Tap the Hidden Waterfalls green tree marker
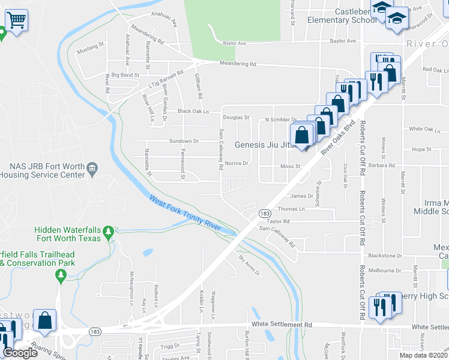(x=108, y=231)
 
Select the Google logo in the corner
(x=20, y=353)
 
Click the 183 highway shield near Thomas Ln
(x=264, y=213)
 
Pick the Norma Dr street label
(x=236, y=163)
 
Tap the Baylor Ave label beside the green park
(x=235, y=43)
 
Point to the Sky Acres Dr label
(x=250, y=265)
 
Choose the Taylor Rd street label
(x=279, y=221)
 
